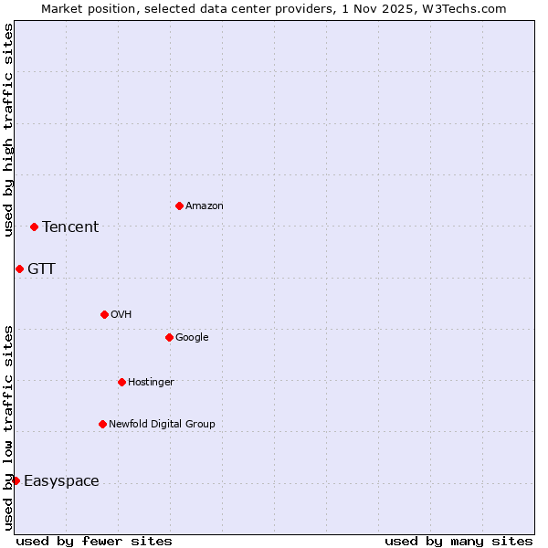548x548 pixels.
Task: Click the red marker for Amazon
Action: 179,205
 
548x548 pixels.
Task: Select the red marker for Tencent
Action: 34,227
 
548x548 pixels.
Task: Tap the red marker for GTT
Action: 19,269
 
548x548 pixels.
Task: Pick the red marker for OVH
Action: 104,314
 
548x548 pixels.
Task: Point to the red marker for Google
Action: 169,337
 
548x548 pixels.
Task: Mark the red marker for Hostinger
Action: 121,382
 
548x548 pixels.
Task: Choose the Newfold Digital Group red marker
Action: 102,424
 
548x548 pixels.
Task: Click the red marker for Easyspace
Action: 16,480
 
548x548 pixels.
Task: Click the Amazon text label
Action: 205,206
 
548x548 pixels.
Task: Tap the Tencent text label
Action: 70,227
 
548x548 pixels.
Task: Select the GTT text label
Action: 41,269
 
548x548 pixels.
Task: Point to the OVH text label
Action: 121,315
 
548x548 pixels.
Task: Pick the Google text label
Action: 192,338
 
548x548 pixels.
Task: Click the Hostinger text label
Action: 151,383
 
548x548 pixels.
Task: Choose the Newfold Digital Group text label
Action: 162,425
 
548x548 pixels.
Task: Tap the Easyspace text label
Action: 61,481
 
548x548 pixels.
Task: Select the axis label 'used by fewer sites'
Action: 94,541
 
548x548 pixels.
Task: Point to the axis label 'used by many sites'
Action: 458,541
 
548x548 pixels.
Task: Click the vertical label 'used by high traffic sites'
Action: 8,130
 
